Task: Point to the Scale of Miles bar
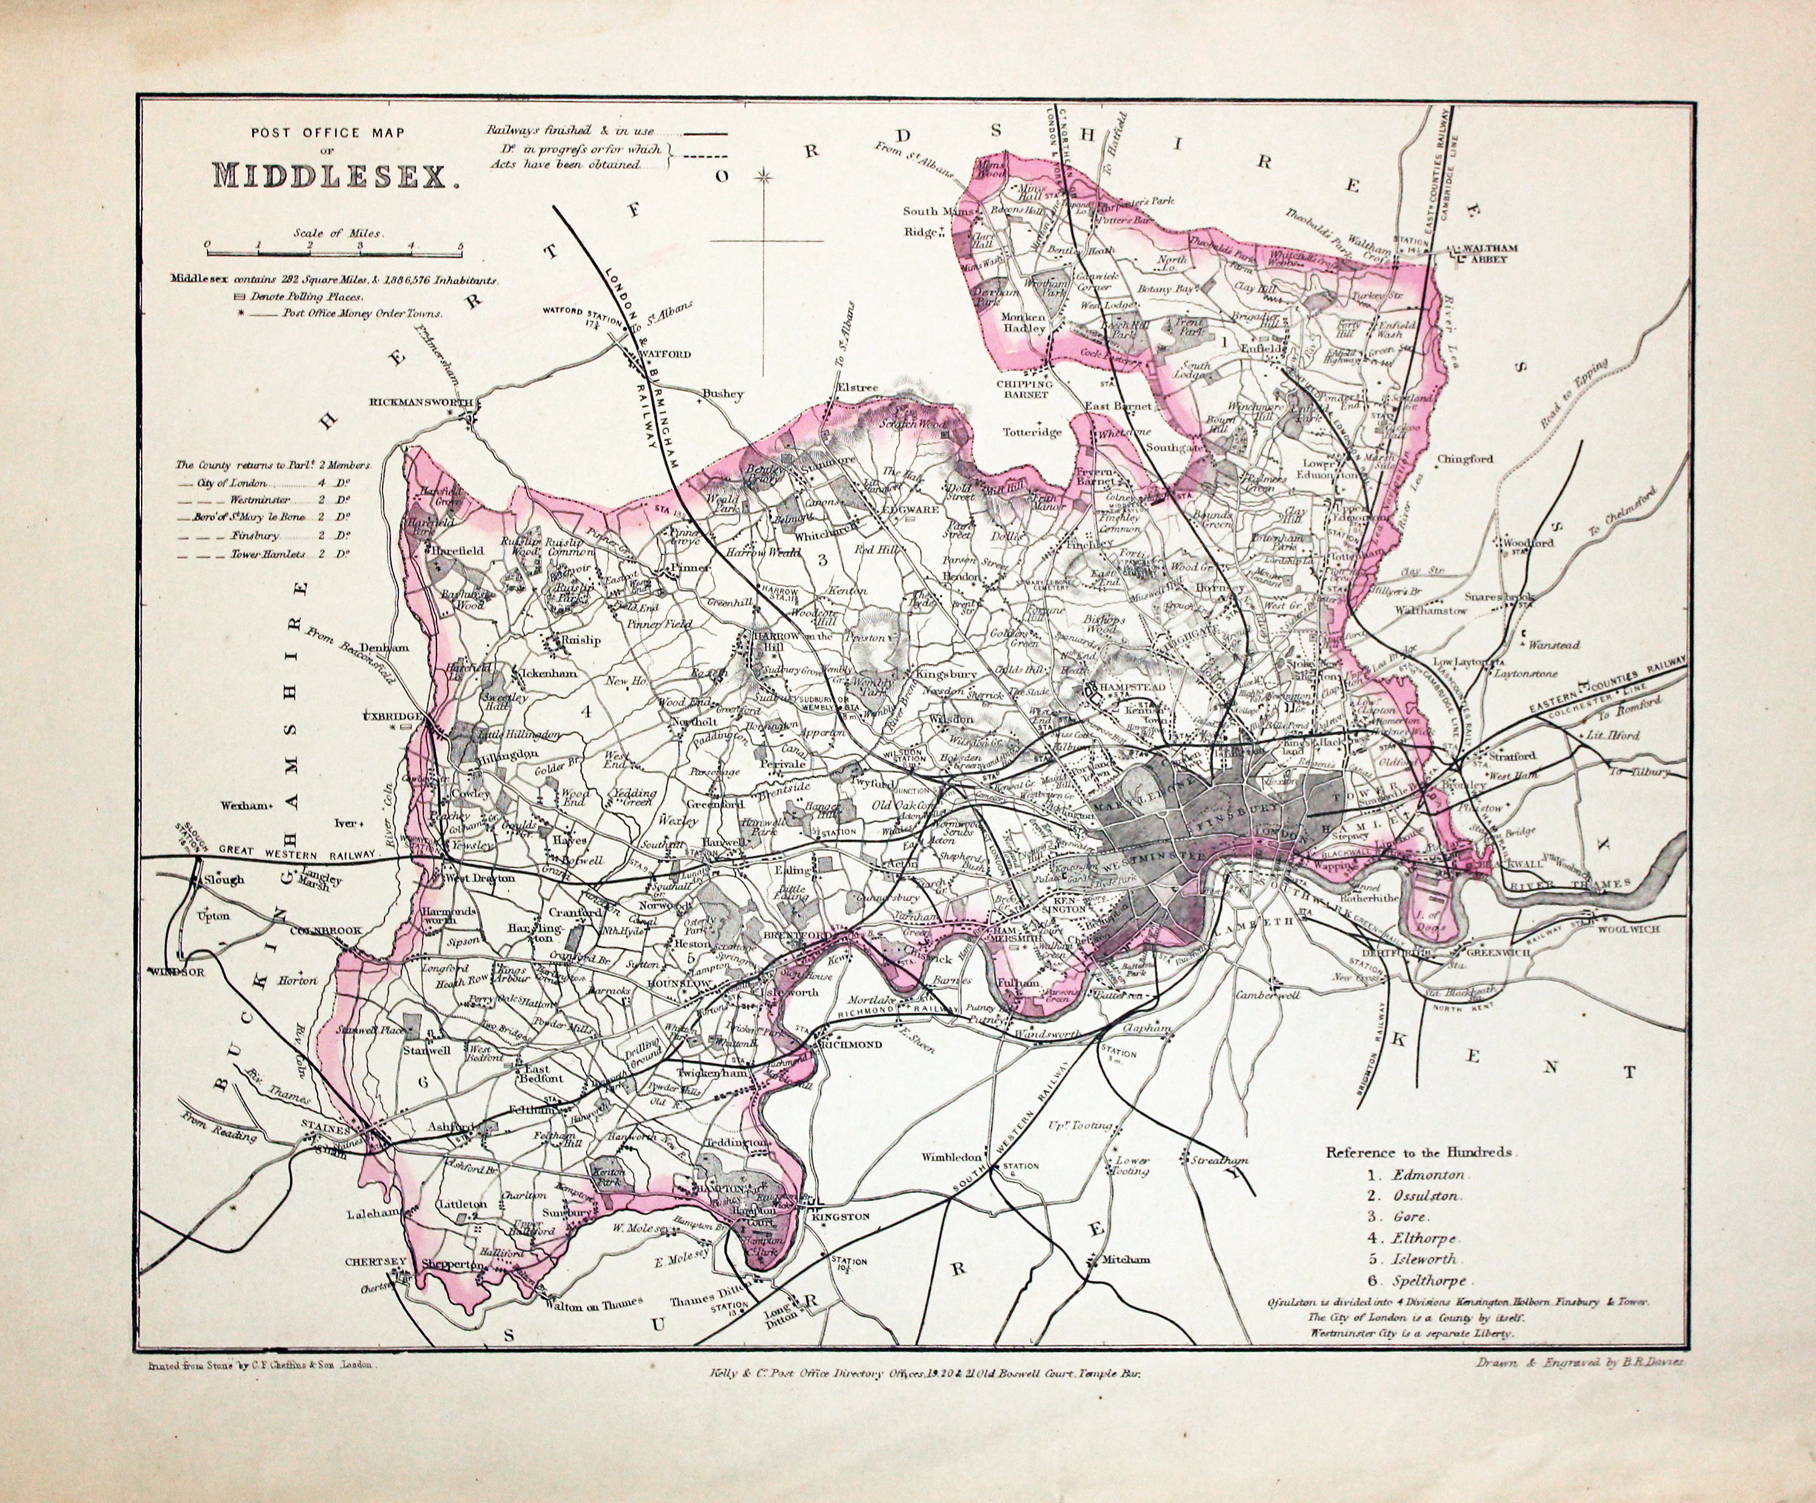coord(334,254)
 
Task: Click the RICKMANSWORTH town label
coord(420,402)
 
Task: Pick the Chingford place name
coord(1465,459)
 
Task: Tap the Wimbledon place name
coord(952,1156)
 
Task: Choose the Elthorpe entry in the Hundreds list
coord(1424,1238)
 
